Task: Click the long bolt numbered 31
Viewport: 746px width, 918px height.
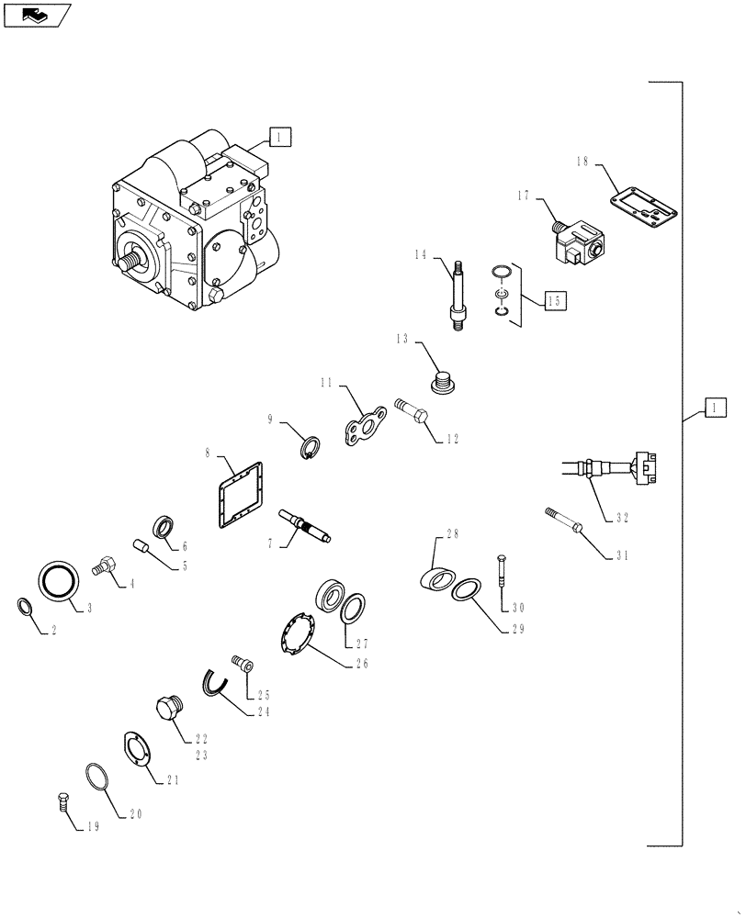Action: [x=562, y=520]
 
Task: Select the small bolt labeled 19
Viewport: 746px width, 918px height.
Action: [x=62, y=800]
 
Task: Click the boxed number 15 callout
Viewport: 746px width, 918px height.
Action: [x=552, y=299]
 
